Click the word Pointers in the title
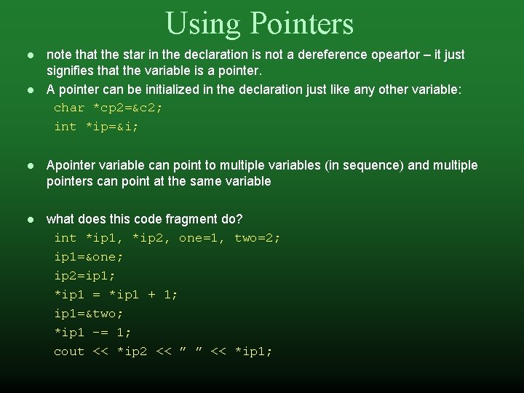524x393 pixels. (302, 23)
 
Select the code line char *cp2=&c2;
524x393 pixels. (108, 108)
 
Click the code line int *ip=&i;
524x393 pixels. (96, 127)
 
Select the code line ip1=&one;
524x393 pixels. (89, 257)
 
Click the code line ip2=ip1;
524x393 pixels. (84, 276)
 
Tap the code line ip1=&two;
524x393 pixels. (89, 314)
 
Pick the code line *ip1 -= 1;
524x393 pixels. (92, 333)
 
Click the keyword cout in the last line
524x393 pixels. (69, 352)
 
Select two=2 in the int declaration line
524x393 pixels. (257, 238)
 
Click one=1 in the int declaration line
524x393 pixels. (202, 238)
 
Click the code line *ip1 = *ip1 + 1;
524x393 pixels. (116, 295)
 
